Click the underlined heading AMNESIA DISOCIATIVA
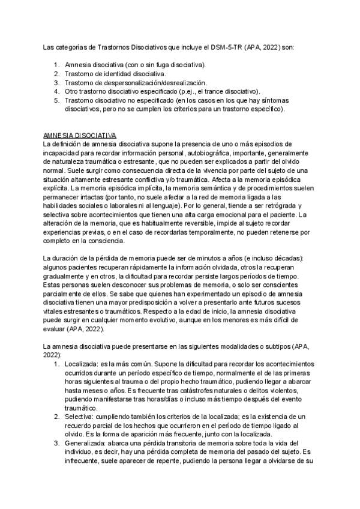point(80,136)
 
